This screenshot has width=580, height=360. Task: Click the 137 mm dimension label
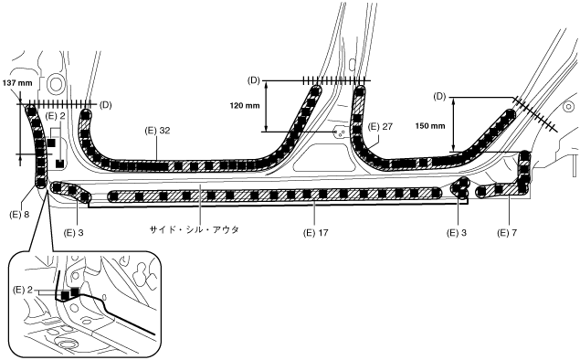pyautogui.click(x=17, y=83)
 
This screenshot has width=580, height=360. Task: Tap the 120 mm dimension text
pyautogui.click(x=245, y=106)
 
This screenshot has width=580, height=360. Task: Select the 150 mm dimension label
pyautogui.click(x=430, y=126)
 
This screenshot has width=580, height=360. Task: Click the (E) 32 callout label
pyautogui.click(x=158, y=131)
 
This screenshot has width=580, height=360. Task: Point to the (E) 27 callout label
pyautogui.click(x=380, y=127)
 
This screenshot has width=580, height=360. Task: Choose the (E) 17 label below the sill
pyautogui.click(x=315, y=233)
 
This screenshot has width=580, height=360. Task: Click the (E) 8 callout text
pyautogui.click(x=19, y=215)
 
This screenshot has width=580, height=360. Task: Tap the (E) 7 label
pyautogui.click(x=508, y=233)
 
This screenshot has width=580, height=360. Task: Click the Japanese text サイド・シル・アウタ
pyautogui.click(x=194, y=229)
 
